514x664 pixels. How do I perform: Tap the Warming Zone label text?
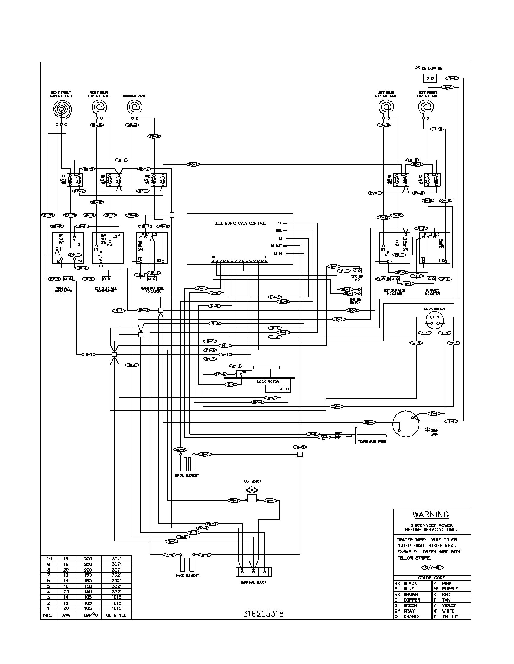tap(134, 96)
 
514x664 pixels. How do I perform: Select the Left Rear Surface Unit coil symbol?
tap(386, 108)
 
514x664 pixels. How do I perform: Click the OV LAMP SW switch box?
tap(430, 78)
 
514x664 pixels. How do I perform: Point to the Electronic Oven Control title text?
tap(240, 223)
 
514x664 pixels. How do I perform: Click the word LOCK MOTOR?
tap(268, 381)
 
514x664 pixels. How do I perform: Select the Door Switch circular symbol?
tap(434, 321)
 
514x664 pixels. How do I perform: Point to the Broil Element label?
tap(187, 475)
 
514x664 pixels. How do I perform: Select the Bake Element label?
tap(187, 575)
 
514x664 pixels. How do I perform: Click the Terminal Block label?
tap(253, 582)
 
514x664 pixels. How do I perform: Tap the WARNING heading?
tap(431, 514)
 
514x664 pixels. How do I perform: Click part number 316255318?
tap(263, 614)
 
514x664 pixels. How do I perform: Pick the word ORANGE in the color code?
tap(412, 616)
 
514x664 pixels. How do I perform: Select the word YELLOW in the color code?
tap(450, 616)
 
